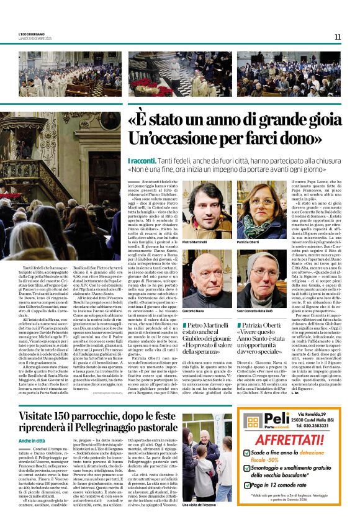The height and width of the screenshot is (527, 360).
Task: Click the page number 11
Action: [x=338, y=37]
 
